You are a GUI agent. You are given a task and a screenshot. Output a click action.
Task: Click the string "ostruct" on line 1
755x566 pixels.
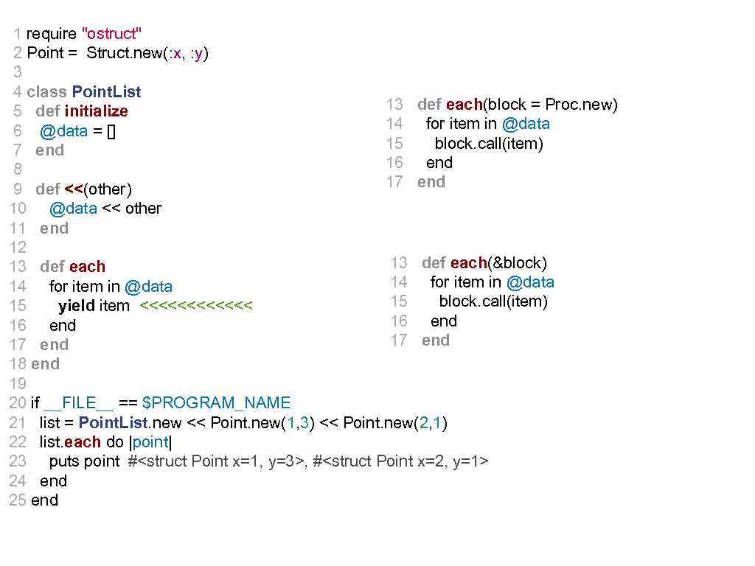pyautogui.click(x=112, y=34)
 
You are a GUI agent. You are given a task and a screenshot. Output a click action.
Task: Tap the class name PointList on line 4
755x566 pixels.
pyautogui.click(x=106, y=92)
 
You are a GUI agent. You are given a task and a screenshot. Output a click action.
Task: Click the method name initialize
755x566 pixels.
pyautogui.click(x=96, y=111)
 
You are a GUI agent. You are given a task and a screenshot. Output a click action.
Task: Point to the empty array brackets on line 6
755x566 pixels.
pyautogui.click(x=111, y=131)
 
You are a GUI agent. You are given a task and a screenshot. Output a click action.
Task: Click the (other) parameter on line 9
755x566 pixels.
pyautogui.click(x=108, y=189)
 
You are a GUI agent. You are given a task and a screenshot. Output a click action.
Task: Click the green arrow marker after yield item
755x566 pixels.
pyautogui.click(x=195, y=306)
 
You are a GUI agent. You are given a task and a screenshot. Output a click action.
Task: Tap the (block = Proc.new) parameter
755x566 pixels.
pyautogui.click(x=550, y=105)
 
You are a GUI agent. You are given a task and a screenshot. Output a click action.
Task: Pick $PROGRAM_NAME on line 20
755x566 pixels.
pyautogui.click(x=216, y=403)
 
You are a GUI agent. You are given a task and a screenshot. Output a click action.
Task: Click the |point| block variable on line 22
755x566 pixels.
pyautogui.click(x=150, y=442)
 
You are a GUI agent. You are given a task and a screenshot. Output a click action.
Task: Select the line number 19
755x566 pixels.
pyautogui.click(x=18, y=384)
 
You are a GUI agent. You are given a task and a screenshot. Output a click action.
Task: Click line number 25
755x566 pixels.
pyautogui.click(x=18, y=500)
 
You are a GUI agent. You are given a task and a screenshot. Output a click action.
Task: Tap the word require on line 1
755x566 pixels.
pyautogui.click(x=51, y=34)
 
